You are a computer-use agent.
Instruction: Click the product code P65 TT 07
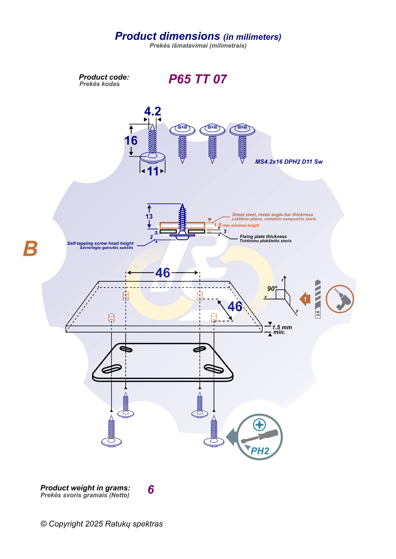197,79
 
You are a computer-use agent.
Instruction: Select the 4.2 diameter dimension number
153,111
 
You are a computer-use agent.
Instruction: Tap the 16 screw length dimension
131,141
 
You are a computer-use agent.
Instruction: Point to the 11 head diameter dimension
153,171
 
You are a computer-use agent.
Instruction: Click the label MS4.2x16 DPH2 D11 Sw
289,162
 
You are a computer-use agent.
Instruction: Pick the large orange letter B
31,249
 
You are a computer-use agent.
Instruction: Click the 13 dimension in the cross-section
149,216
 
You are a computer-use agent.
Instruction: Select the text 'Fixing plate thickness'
263,236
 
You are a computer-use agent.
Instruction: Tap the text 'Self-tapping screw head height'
100,243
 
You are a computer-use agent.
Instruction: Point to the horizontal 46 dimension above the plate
163,273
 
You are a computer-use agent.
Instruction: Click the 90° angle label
272,288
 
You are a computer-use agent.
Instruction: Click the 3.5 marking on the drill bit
318,314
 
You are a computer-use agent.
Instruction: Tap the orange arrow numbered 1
305,299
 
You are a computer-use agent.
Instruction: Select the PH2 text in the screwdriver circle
260,451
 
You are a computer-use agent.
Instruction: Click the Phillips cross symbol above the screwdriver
259,425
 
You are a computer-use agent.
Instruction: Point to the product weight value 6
151,490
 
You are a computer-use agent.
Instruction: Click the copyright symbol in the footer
44,524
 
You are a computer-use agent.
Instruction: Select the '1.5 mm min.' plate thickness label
282,329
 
